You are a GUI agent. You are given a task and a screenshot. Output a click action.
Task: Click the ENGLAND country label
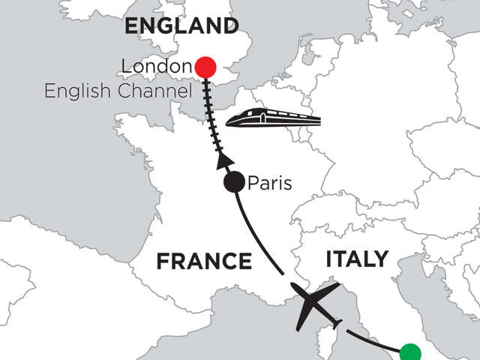tap(181, 27)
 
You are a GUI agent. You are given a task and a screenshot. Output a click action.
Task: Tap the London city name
tap(156, 67)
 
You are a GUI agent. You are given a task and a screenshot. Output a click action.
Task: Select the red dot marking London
tap(205, 67)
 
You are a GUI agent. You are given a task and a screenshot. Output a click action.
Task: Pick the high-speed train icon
tap(273, 118)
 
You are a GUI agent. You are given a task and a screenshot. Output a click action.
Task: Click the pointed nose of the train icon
tap(229, 120)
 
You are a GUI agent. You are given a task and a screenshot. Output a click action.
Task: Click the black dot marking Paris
tap(235, 182)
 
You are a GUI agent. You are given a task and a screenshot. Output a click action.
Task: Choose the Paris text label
tap(271, 182)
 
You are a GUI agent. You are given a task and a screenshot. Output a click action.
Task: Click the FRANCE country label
tap(203, 261)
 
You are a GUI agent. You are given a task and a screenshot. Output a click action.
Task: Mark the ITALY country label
tap(357, 259)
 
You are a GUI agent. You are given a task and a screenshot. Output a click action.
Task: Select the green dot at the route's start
tap(410, 352)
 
